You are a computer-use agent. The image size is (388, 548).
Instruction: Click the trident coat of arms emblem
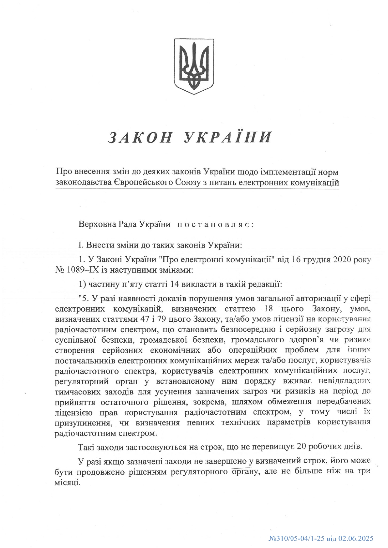(194, 66)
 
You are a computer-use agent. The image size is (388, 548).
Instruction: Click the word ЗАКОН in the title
(141, 137)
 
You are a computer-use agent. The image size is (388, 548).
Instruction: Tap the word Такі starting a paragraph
(85, 446)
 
